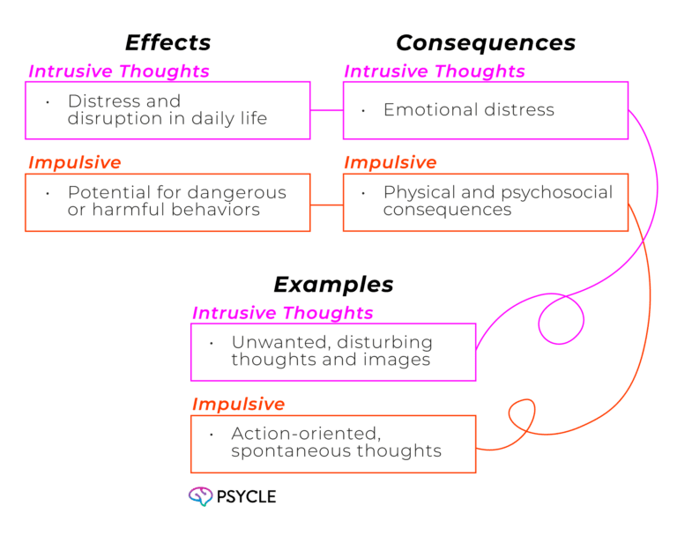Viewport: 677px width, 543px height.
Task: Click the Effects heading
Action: tap(167, 42)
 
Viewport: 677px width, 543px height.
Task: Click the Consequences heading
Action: tap(485, 42)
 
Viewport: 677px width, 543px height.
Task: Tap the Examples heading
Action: tap(333, 284)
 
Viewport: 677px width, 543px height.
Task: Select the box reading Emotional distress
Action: tap(485, 110)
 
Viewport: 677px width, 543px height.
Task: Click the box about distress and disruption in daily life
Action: tap(167, 110)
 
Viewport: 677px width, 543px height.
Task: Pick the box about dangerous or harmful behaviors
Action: tap(167, 203)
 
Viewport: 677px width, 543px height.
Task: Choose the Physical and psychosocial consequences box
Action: tap(485, 203)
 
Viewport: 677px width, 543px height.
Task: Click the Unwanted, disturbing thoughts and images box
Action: tap(333, 352)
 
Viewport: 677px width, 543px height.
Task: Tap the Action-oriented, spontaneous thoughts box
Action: tap(333, 443)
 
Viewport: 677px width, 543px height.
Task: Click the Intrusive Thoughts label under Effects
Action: tap(118, 71)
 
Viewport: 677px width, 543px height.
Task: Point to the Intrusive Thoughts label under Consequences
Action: tap(435, 71)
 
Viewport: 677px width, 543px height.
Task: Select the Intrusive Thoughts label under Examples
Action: tap(282, 313)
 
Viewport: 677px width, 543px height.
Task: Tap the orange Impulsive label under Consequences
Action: tap(390, 163)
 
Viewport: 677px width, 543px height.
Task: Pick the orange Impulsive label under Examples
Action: tap(238, 405)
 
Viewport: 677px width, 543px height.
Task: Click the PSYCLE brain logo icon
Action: tap(200, 496)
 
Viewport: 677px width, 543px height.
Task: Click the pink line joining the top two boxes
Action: tap(326, 111)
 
